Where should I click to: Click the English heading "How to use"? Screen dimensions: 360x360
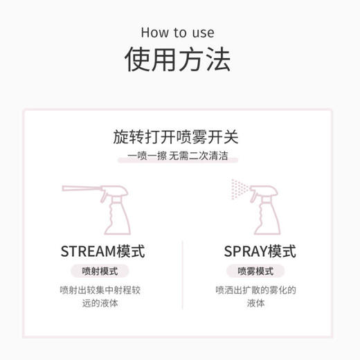point(177,33)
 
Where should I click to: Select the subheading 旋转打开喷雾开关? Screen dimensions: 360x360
point(177,136)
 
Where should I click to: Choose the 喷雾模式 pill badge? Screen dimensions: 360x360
point(255,271)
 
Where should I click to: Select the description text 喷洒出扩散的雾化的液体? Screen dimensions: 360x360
point(255,296)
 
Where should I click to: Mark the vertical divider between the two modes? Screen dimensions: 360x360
point(182,277)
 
